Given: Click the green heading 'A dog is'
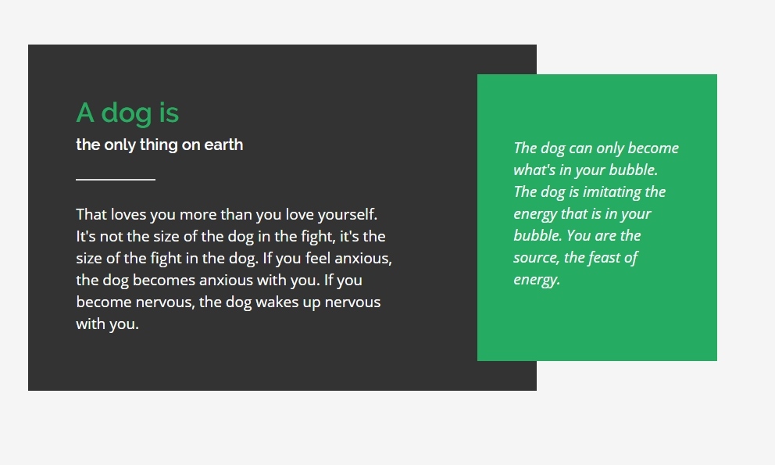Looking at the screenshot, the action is coord(127,113).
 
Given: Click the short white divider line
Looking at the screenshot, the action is coord(116,180).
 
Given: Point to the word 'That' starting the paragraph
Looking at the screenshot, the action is coord(91,215).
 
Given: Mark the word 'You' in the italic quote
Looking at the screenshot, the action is coord(578,236).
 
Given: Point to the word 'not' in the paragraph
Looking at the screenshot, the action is coord(111,237).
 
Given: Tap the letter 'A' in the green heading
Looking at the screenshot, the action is coord(85,113).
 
